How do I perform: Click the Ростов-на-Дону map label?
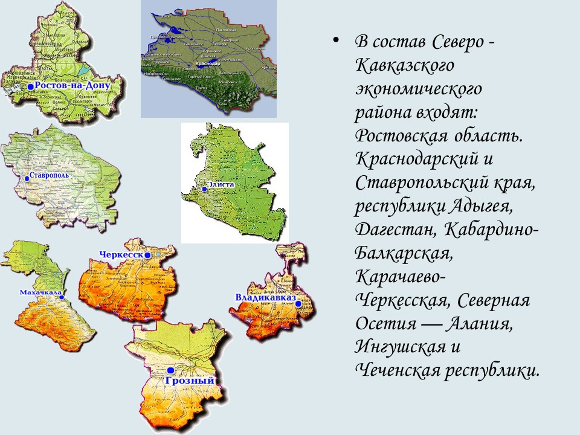pyautogui.click(x=72, y=86)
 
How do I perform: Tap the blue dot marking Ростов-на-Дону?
pyautogui.click(x=30, y=87)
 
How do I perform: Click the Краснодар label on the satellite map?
pyautogui.click(x=207, y=63)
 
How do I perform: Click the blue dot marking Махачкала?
pyautogui.click(x=62, y=297)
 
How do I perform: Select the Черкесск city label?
pyautogui.click(x=124, y=255)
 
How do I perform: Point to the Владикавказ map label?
pyautogui.click(x=265, y=298)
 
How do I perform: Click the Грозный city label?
pyautogui.click(x=190, y=381)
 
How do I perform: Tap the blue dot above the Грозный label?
pyautogui.click(x=171, y=370)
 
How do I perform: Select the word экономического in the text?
pyautogui.click(x=418, y=88)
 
